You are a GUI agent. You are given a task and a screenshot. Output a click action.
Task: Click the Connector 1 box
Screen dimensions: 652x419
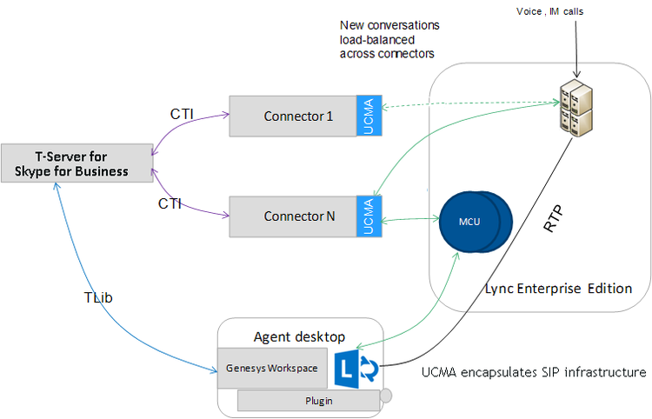tap(293, 116)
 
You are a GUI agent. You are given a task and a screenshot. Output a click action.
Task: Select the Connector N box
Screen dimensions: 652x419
tap(293, 216)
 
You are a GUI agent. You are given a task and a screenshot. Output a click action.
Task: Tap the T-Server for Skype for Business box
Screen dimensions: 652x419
tap(77, 163)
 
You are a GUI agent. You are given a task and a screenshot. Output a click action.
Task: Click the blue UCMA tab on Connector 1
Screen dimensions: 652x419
tap(369, 116)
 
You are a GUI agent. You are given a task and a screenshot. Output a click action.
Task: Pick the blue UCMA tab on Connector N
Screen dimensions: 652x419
tap(369, 216)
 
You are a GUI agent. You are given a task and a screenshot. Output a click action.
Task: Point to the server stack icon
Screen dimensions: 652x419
tap(575, 108)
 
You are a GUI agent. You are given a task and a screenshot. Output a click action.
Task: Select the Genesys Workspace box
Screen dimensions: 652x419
tap(272, 369)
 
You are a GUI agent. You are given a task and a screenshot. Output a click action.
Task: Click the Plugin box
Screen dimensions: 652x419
tap(309, 401)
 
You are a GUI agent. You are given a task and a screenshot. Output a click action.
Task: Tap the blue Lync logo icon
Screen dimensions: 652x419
tap(356, 369)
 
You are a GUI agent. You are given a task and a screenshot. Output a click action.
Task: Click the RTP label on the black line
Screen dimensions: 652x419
tap(554, 218)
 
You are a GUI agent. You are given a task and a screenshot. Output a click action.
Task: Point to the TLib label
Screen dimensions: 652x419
tap(98, 297)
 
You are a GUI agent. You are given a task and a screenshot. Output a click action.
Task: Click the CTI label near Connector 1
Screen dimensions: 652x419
tap(182, 114)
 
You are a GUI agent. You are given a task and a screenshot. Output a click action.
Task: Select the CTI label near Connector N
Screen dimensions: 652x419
tap(170, 203)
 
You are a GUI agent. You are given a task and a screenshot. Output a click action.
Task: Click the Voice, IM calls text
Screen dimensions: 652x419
tap(549, 11)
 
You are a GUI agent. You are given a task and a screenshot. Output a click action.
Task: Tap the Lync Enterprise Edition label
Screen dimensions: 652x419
tap(558, 289)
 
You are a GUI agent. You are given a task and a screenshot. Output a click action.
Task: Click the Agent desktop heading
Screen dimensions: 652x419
tap(299, 336)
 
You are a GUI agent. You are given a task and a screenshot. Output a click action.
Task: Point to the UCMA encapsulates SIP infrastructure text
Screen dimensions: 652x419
tap(534, 372)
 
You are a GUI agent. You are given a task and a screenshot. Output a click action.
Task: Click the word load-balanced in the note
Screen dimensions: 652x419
tap(377, 40)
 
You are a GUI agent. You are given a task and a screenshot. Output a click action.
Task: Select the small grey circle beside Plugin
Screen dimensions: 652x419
tap(386, 396)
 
